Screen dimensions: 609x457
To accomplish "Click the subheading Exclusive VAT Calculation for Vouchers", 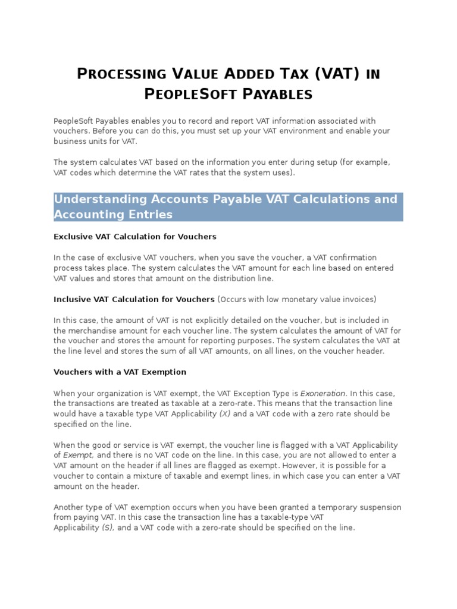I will click(x=134, y=237).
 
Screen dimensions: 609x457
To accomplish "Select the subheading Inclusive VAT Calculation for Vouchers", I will click(x=134, y=299).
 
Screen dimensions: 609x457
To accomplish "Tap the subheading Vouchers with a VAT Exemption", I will click(x=120, y=372).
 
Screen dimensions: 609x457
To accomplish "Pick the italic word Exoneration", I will click(x=323, y=393).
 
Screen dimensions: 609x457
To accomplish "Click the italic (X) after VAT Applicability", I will click(x=224, y=413).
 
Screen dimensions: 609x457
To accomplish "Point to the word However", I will click(x=299, y=465).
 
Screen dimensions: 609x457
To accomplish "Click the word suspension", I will click(x=376, y=507).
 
